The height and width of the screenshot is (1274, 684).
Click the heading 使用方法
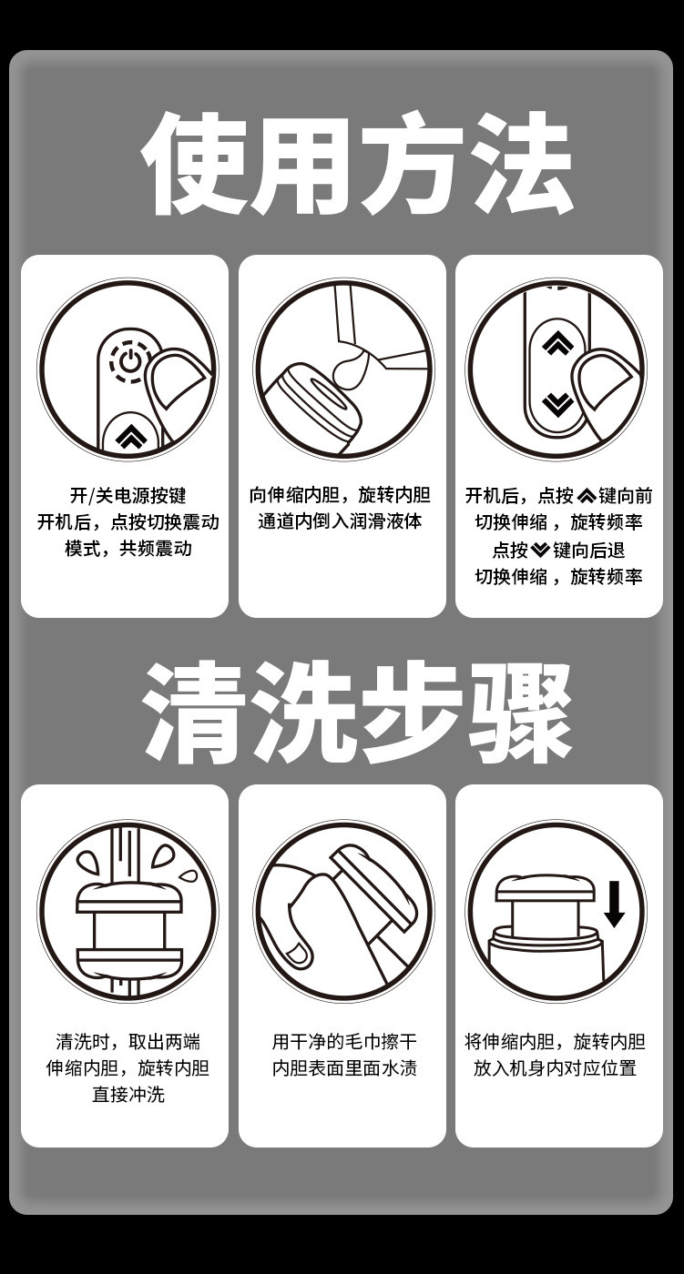tap(357, 163)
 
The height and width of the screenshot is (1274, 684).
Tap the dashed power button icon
tap(129, 361)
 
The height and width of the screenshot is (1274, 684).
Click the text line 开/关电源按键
tap(128, 495)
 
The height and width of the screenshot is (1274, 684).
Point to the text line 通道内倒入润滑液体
tap(340, 521)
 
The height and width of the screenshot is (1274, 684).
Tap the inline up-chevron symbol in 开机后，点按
tap(587, 496)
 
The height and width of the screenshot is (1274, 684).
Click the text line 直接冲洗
tap(128, 1094)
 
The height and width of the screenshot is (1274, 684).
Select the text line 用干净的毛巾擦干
tap(344, 1042)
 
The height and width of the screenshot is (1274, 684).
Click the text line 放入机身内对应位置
tap(555, 1068)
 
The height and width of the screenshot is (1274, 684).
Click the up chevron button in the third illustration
tap(557, 343)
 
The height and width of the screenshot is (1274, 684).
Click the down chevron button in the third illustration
tap(557, 404)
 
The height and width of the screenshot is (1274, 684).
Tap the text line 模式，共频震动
tap(128, 548)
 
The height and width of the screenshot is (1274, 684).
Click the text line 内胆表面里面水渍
tap(344, 1068)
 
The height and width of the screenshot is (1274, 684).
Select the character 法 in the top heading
tap(521, 163)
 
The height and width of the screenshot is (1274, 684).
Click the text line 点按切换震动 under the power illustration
tap(165, 521)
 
